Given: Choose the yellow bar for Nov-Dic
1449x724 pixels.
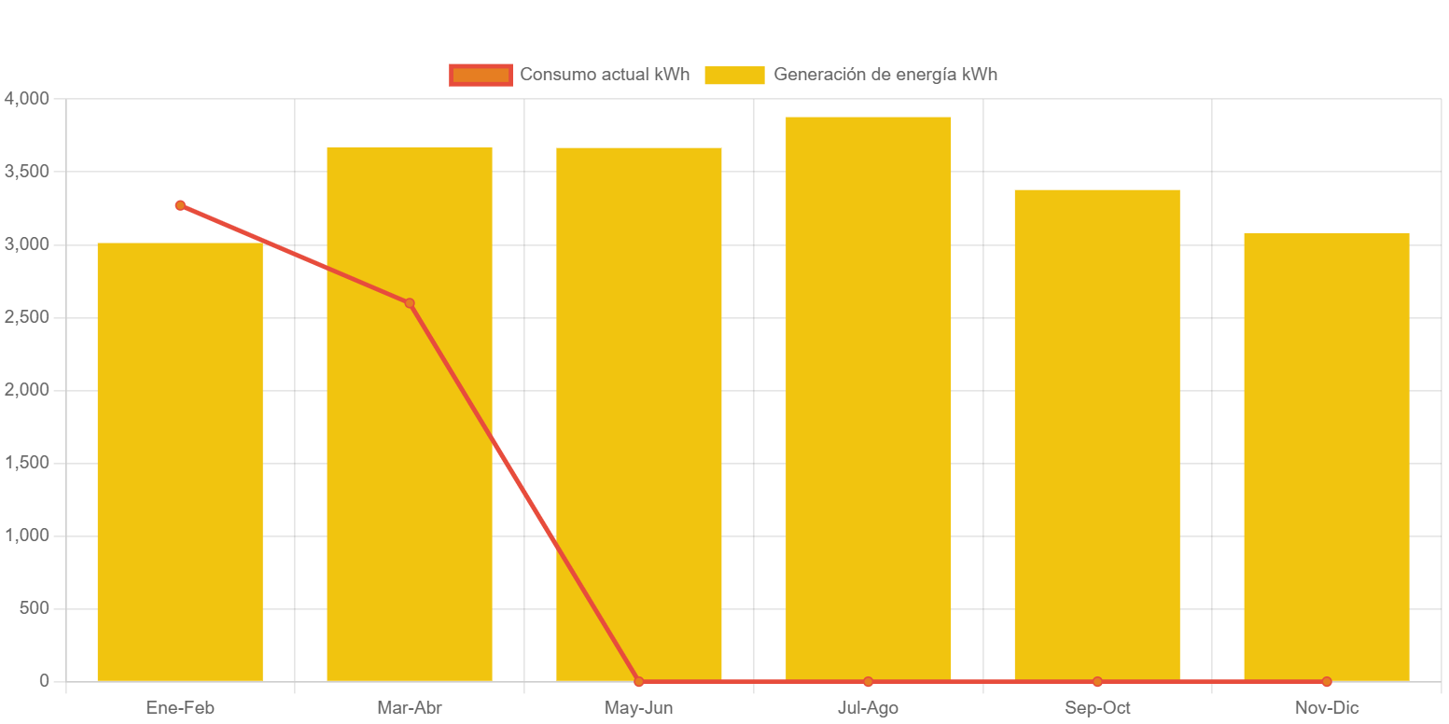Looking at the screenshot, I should [x=1326, y=457].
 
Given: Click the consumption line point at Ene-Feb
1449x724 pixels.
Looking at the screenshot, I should [x=180, y=205].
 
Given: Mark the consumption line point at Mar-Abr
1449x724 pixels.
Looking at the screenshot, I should [x=410, y=303].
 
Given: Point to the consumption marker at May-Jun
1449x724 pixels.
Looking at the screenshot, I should [x=639, y=682].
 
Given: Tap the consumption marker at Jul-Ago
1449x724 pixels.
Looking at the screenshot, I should [x=868, y=682].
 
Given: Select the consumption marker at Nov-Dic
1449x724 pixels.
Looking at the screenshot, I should [x=1326, y=682].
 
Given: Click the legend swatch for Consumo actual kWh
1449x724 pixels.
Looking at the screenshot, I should [x=481, y=75].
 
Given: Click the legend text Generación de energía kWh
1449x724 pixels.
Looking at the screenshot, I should [x=885, y=75].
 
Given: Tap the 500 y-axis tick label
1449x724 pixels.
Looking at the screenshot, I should [x=33, y=608].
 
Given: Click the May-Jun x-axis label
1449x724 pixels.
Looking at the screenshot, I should [x=639, y=708].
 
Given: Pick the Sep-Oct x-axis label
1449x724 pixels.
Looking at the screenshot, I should [x=1097, y=708].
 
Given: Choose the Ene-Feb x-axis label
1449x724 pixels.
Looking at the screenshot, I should [x=180, y=708].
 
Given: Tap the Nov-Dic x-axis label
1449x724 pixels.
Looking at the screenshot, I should [x=1326, y=708].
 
